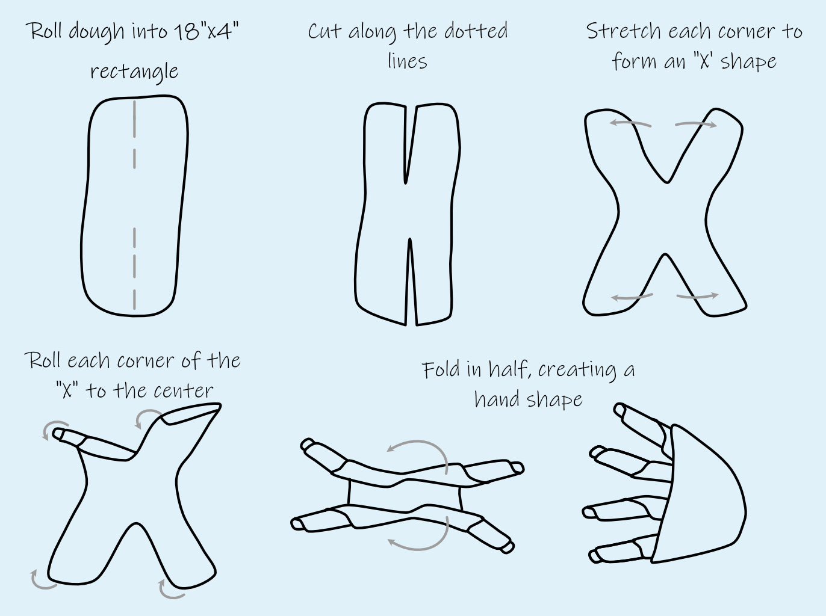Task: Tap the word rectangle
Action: (x=134, y=71)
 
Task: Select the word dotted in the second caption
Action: (x=476, y=31)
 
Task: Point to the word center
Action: (x=183, y=391)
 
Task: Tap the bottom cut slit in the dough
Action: (x=410, y=283)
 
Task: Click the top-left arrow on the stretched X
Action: (x=630, y=123)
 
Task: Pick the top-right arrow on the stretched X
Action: (x=696, y=125)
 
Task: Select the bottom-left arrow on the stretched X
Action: (x=632, y=297)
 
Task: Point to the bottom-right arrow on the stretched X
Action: (x=697, y=296)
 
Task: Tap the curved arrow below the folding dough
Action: (x=421, y=538)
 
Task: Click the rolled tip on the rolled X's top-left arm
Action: (x=60, y=434)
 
